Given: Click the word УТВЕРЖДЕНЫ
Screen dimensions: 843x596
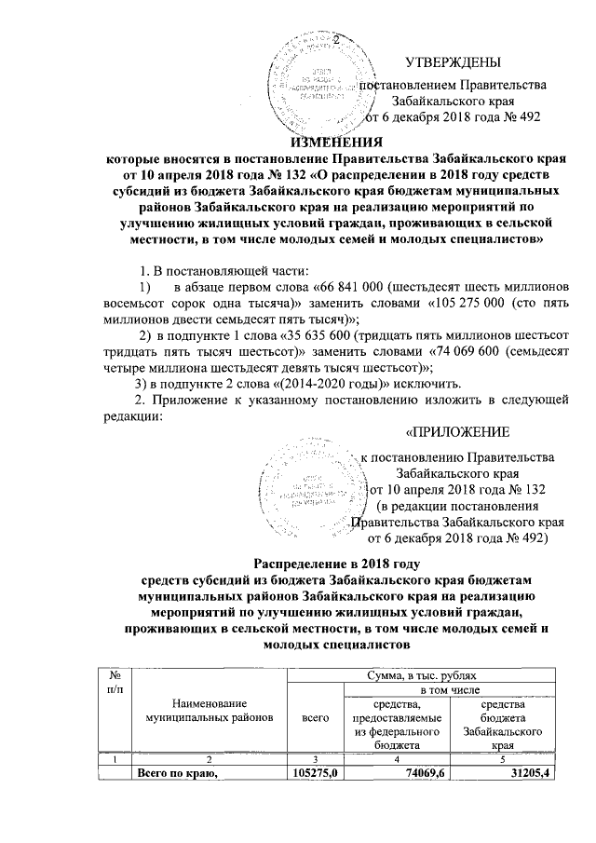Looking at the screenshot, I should (x=453, y=62).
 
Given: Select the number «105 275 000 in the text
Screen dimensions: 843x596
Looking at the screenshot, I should (x=477, y=302).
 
